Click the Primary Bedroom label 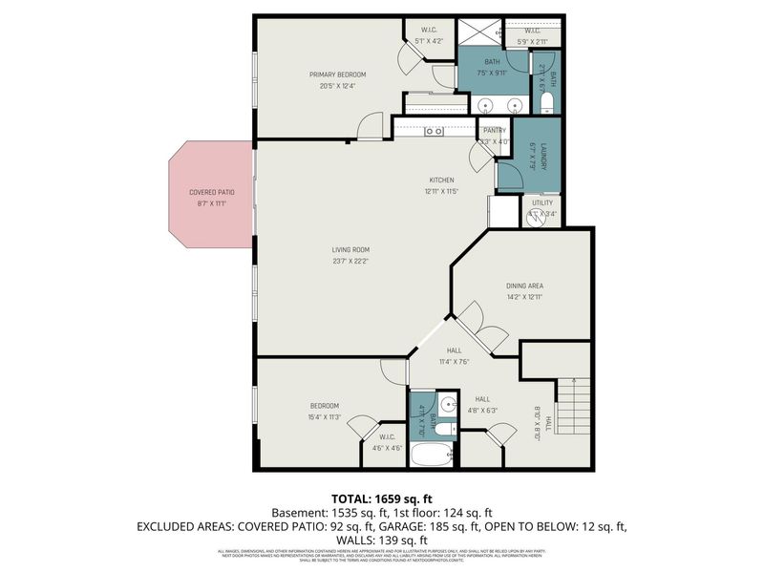click(337, 74)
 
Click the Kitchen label click(441, 180)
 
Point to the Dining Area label click(524, 286)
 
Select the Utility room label click(541, 202)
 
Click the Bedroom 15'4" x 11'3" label click(324, 406)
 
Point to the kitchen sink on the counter click(434, 131)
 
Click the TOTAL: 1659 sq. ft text click(381, 499)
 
